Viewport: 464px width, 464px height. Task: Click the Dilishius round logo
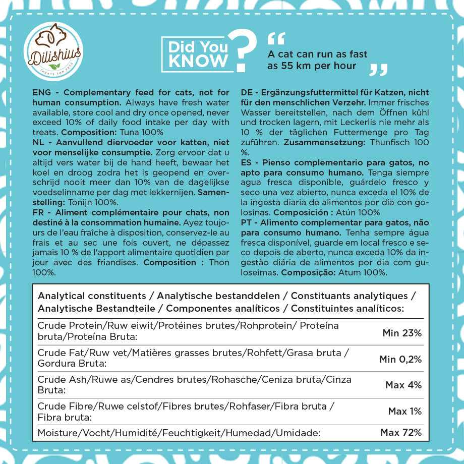click(x=53, y=51)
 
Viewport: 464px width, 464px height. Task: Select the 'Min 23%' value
click(x=402, y=333)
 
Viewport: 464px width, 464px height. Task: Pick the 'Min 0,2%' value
click(x=400, y=359)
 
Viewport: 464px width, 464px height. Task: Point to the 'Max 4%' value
click(x=403, y=385)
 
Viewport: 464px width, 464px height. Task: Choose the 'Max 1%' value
click(x=404, y=412)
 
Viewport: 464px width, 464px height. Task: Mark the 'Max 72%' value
click(x=401, y=433)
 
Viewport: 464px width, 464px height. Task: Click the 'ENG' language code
click(x=41, y=93)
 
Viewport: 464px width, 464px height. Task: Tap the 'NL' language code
click(x=38, y=143)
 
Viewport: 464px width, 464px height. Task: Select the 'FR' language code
click(x=38, y=212)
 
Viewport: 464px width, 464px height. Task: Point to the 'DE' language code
click(x=247, y=93)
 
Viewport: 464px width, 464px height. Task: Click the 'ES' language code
click(x=247, y=163)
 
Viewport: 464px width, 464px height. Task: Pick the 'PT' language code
click(x=247, y=222)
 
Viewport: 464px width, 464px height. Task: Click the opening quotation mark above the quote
click(x=276, y=38)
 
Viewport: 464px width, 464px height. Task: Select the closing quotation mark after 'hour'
click(x=378, y=70)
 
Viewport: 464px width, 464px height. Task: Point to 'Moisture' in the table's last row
click(x=56, y=433)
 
